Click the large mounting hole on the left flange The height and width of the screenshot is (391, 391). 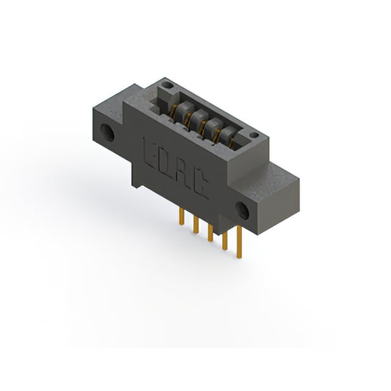[108, 133]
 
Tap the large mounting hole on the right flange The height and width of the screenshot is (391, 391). [243, 211]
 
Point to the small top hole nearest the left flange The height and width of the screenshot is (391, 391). [167, 86]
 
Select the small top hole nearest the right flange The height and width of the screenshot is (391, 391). [254, 135]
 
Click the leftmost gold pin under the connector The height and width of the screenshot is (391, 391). [182, 217]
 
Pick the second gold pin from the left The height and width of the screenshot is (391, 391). [196, 225]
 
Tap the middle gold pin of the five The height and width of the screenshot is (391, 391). [210, 233]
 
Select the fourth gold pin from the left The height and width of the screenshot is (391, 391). [225, 241]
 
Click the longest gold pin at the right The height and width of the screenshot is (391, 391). [239, 242]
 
